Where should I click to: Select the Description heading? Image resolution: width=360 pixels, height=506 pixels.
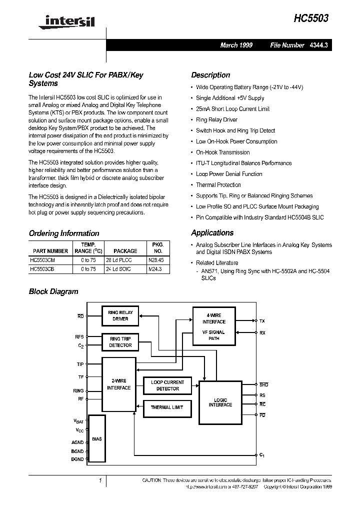210,75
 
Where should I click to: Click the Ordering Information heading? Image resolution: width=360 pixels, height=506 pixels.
64,233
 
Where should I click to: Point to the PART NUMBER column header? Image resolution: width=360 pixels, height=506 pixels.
50,251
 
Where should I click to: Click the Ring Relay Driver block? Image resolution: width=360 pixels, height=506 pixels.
120,315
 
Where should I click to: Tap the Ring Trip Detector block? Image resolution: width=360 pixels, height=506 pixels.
120,342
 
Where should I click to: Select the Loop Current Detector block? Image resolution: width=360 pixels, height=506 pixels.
167,385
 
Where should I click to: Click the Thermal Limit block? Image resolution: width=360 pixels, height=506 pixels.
167,407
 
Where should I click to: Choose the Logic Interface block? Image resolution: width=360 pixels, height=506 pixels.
220,402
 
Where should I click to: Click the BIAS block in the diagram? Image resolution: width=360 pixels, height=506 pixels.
97,438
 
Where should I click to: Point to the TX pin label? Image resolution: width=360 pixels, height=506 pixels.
263,320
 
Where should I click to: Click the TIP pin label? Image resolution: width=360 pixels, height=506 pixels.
80,364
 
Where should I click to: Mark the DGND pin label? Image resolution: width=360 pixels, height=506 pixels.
77,459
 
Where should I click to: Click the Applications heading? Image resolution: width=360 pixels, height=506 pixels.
212,233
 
